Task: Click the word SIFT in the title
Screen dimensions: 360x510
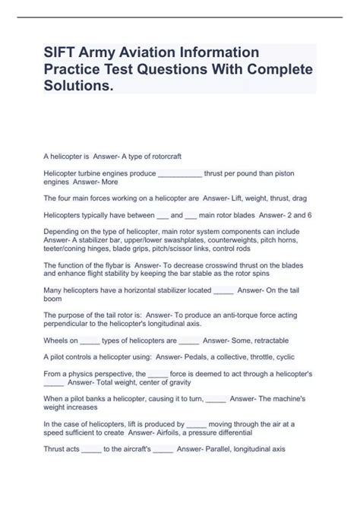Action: click(x=62, y=52)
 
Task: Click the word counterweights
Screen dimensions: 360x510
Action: click(x=232, y=243)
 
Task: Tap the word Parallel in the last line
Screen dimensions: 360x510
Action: click(x=212, y=449)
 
